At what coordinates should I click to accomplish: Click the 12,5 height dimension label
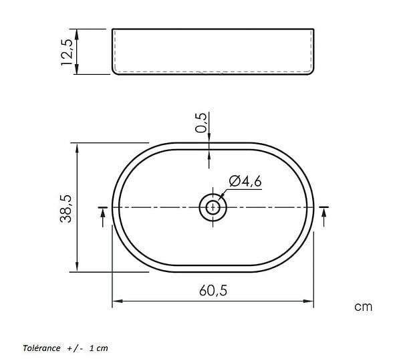(68, 52)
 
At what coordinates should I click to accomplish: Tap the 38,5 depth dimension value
(66, 209)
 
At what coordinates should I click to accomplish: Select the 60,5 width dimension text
(213, 291)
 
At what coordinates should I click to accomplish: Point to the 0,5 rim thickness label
(200, 123)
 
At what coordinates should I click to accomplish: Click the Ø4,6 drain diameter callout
(245, 181)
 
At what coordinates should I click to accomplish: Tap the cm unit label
(363, 307)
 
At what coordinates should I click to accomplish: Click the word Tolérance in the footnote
(41, 348)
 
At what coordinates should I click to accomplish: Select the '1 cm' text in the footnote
(99, 348)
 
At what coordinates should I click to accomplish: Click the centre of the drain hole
(213, 207)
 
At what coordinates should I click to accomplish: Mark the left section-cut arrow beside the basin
(103, 217)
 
